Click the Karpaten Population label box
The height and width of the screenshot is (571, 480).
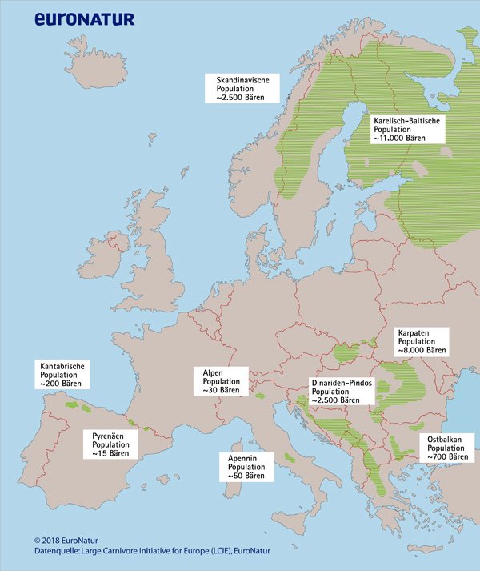422,341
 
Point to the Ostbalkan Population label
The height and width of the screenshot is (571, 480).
448,447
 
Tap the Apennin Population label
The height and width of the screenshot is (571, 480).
246,466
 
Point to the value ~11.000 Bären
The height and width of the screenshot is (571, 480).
399,138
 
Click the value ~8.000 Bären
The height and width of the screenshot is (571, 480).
422,350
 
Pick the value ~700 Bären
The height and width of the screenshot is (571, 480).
448,456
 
